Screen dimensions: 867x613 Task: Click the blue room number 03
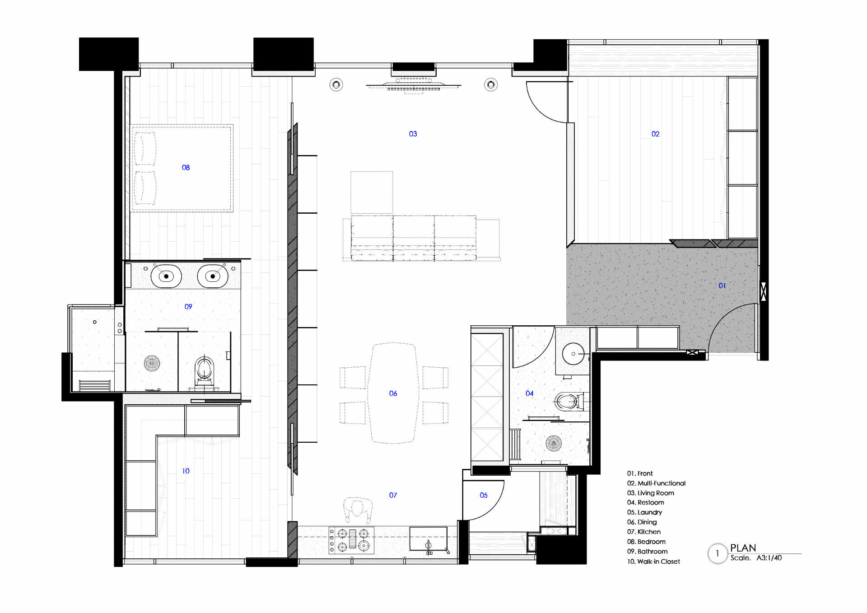[413, 134]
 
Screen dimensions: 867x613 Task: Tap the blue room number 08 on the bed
[186, 168]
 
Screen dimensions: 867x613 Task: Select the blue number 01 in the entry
[722, 286]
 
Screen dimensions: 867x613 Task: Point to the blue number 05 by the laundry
[484, 496]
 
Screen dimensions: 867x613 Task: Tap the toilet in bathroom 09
[204, 370]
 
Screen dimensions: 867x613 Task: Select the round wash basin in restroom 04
[573, 354]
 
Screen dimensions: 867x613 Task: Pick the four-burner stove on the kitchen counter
[352, 540]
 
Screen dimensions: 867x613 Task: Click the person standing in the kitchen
[358, 510]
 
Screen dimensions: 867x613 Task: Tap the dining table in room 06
[393, 393]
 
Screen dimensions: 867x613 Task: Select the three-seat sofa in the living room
[414, 238]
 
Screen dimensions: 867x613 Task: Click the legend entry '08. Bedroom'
[646, 542]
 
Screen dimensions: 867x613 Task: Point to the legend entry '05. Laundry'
[644, 512]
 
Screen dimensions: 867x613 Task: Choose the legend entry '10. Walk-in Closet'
[653, 562]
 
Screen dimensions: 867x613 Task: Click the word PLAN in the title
[743, 548]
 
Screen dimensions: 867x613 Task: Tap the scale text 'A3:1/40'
[769, 558]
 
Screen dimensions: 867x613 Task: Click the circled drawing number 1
[717, 553]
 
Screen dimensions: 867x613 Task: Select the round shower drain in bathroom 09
[152, 363]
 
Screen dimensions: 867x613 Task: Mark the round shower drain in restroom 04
[554, 443]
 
